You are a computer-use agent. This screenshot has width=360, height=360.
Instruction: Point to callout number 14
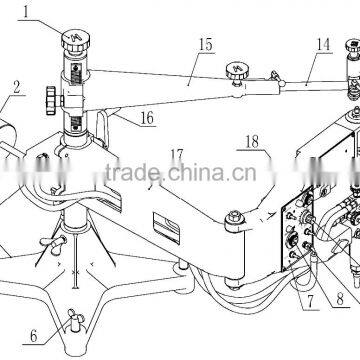coord(321,46)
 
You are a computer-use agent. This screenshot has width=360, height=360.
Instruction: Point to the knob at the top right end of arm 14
coord(353,47)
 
